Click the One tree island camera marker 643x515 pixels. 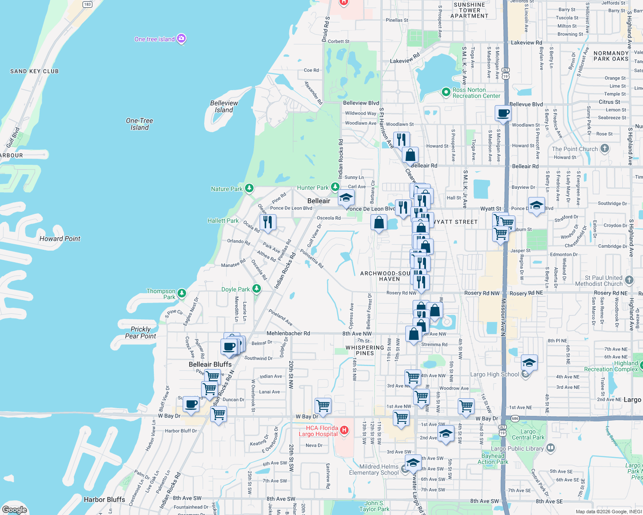coord(181,39)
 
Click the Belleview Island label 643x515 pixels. coord(224,106)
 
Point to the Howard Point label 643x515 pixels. coord(60,239)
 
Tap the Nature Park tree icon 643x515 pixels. coord(249,188)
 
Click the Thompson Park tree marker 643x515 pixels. coord(182,294)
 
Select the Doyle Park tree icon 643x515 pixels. coord(257,289)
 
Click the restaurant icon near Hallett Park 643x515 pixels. coord(268,222)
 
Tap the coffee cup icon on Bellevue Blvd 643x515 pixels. coord(503,114)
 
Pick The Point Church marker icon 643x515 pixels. coord(605,149)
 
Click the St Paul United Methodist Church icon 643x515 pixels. coord(629,281)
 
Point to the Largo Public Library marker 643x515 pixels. coord(551,448)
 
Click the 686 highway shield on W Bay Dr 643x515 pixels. coord(514,418)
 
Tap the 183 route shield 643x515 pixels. coord(87,4)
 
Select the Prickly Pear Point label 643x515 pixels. coord(141,333)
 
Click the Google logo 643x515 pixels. coord(14,509)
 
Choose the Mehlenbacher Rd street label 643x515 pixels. coord(288,333)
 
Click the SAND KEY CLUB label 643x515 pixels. coord(34,71)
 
